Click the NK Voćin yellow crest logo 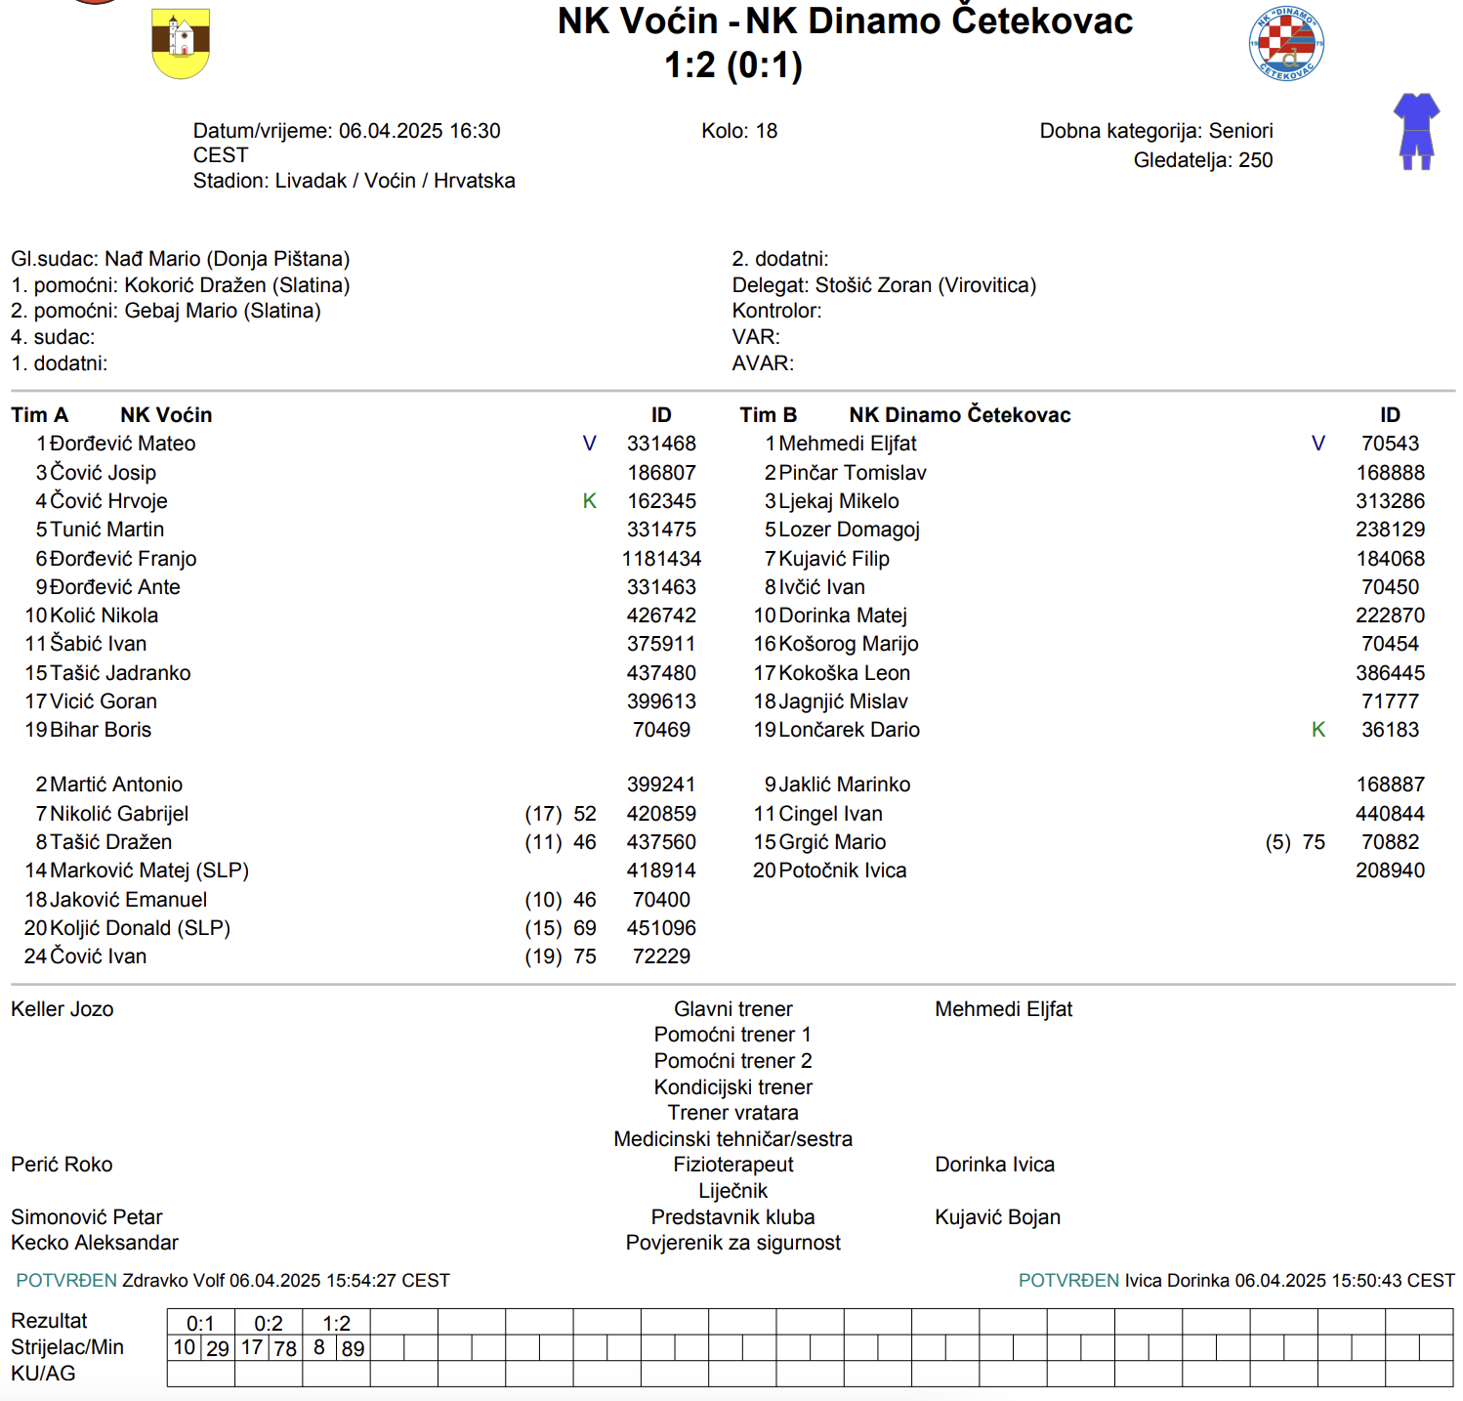[x=181, y=44]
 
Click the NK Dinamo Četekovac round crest [x=1286, y=44]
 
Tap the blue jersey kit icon [x=1416, y=131]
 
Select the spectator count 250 [x=1255, y=160]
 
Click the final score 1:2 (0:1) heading [x=733, y=65]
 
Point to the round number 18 [x=767, y=131]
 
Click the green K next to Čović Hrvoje [x=589, y=501]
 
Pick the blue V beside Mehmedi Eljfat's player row [x=1318, y=444]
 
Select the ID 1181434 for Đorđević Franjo [x=661, y=559]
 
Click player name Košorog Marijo [x=849, y=644]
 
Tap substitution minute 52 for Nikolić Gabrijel [x=585, y=814]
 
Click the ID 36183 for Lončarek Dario [x=1390, y=730]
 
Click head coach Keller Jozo [x=63, y=1009]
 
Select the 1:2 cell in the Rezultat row [x=336, y=1323]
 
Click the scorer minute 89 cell [x=353, y=1348]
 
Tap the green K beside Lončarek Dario [x=1318, y=730]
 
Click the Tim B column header [x=769, y=415]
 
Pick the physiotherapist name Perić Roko [x=62, y=1165]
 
